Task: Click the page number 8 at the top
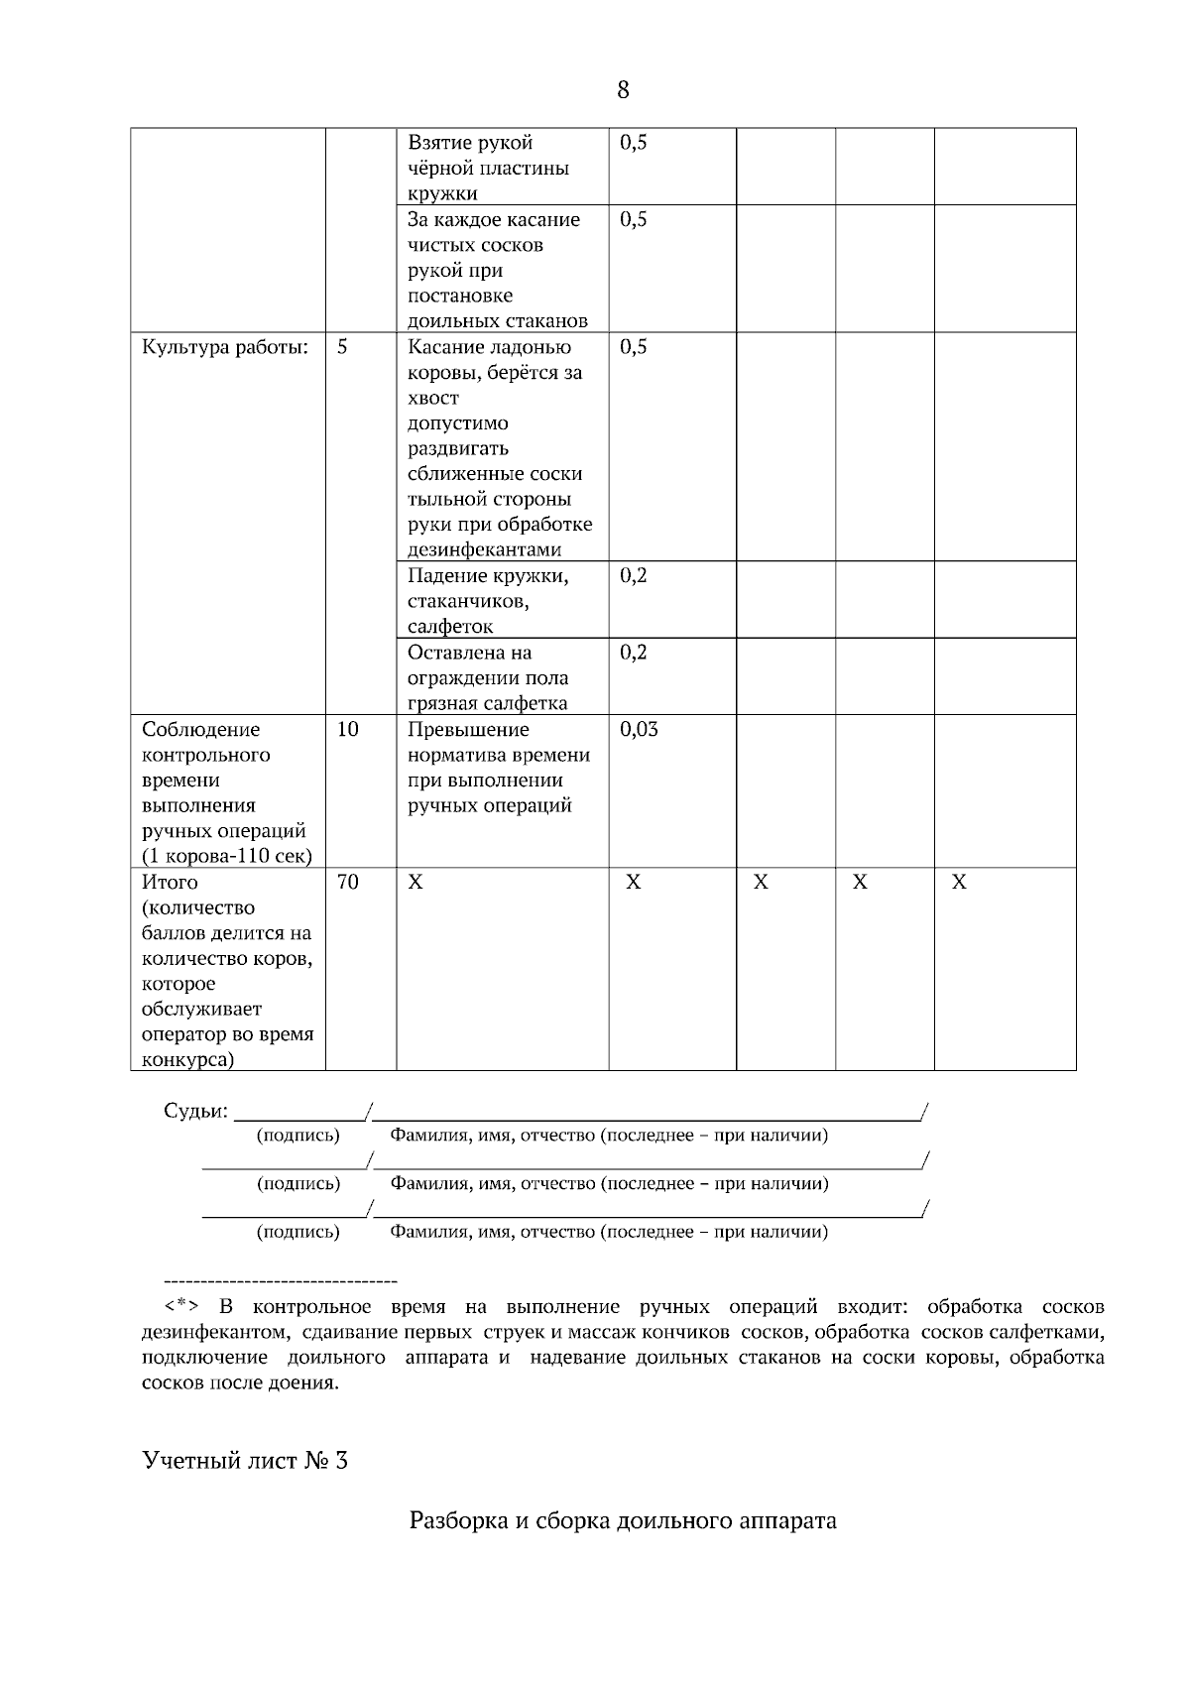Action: [623, 90]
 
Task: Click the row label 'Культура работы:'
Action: [225, 347]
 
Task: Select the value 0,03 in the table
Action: [639, 730]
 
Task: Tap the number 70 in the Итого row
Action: [348, 882]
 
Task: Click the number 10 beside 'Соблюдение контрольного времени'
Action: [348, 730]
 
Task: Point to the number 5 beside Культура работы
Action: [342, 347]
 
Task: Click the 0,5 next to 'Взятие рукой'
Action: [634, 142]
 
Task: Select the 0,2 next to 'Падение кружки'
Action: [634, 575]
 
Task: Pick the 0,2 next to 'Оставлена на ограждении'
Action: [634, 652]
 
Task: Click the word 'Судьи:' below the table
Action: [195, 1111]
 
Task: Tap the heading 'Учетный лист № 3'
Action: [245, 1461]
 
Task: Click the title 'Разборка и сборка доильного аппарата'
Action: [623, 1519]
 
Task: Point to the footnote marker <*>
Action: [181, 1306]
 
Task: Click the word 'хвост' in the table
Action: [433, 398]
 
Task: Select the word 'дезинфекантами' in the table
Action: [485, 549]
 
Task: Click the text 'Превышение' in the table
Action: [468, 730]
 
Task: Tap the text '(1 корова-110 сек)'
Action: [227, 856]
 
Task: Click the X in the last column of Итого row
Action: [959, 882]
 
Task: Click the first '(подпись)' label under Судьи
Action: [297, 1135]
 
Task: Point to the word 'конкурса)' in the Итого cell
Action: [188, 1060]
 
